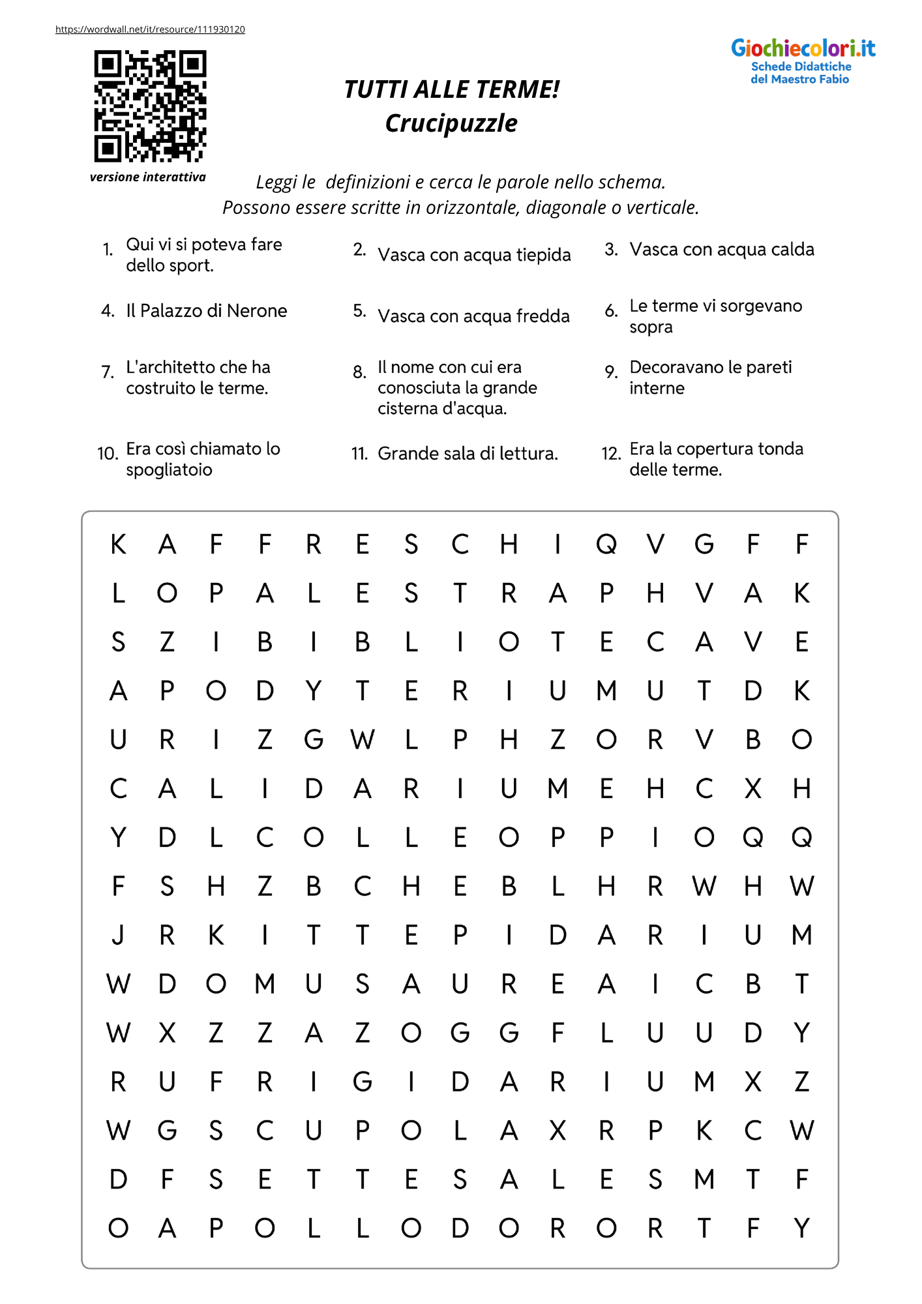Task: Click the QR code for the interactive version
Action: pos(150,106)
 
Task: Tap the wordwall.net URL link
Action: pos(150,29)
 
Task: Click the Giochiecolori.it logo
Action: pos(803,60)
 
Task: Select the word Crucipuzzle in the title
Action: pos(451,123)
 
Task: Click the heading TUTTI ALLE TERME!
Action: pos(451,89)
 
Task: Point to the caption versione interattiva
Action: pos(148,177)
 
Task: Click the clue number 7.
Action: pos(108,372)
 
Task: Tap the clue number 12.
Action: pos(611,454)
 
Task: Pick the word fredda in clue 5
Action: pos(543,316)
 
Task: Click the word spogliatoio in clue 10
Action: pos(169,470)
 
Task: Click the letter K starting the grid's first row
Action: pos(118,544)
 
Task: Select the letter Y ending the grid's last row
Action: pos(802,1228)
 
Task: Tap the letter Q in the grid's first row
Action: pos(606,544)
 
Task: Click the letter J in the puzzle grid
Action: pos(118,936)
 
